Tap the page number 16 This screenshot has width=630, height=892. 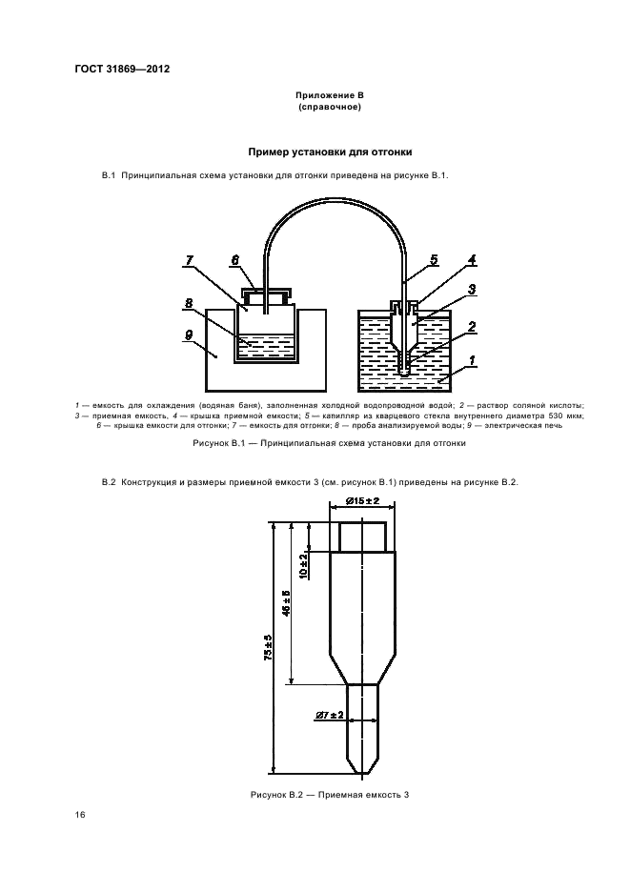80,814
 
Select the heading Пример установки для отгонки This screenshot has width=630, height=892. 330,152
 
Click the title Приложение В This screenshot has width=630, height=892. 329,96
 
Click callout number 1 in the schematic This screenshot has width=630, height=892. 472,362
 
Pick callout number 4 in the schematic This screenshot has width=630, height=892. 472,259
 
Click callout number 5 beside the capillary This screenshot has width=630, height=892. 434,259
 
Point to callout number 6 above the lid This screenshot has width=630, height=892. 234,260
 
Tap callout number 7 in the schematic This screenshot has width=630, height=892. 189,260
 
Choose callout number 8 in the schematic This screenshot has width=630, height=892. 189,305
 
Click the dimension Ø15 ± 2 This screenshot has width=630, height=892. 363,501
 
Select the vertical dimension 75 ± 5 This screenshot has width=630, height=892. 270,648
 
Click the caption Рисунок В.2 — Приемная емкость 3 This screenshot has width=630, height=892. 329,795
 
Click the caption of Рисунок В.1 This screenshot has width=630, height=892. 329,443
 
